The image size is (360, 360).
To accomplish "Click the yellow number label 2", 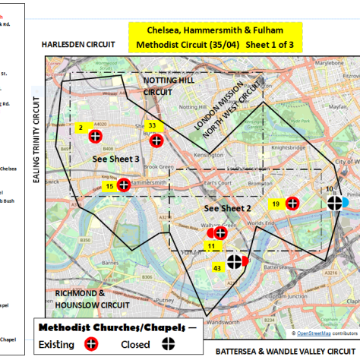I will (80, 128).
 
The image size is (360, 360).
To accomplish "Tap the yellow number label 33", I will (152, 125).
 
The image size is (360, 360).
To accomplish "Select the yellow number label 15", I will (109, 185).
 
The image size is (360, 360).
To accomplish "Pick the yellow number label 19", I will (276, 204).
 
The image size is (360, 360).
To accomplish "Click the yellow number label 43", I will (217, 267).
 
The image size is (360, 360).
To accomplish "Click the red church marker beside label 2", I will (95, 137).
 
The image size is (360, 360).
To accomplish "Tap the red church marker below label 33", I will (156, 141).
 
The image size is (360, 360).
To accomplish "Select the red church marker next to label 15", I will (124, 185).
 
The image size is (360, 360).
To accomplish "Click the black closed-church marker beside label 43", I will (236, 261).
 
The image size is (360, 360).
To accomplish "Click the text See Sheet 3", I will (115, 159).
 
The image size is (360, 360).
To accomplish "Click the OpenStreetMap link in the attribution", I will (313, 333).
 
